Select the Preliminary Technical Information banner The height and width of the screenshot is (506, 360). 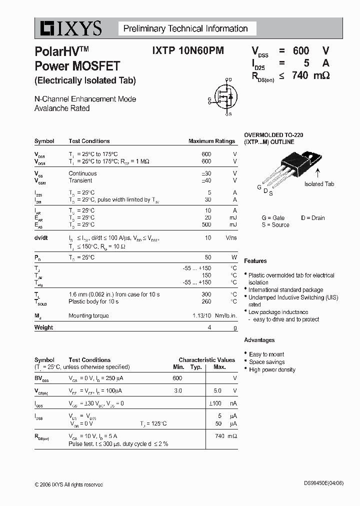185,28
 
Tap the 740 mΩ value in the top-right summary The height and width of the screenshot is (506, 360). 309,76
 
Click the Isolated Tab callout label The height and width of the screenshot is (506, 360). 319,184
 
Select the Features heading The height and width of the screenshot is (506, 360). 255,261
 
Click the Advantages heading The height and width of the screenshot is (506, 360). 259,340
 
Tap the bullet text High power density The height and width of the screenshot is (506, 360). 272,369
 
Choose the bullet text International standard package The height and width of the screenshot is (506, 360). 285,290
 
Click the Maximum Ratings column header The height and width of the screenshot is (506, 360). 211,141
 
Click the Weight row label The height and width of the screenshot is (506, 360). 43,327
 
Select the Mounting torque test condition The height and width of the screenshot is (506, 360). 88,315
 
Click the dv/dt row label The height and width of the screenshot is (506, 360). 41,238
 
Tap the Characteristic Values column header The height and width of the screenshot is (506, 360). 206,359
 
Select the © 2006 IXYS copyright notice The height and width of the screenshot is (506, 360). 68,484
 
